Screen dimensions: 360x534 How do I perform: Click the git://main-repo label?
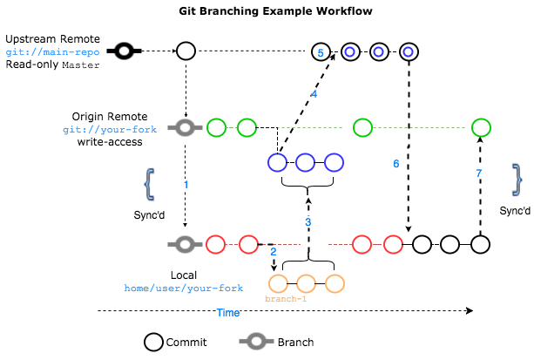click(52, 52)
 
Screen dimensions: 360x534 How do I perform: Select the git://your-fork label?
click(110, 130)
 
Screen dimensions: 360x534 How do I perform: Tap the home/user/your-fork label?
click(183, 288)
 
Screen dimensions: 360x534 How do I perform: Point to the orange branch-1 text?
click(286, 299)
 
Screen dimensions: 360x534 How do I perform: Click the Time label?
click(227, 313)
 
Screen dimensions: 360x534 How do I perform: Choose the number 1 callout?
click(186, 185)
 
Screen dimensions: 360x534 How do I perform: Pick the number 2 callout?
click(274, 252)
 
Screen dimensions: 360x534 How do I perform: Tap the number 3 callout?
click(308, 222)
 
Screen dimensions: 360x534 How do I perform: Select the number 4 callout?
click(314, 93)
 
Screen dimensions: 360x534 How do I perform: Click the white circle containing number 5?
click(321, 52)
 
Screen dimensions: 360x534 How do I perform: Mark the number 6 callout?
click(396, 164)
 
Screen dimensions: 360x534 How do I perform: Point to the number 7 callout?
click(479, 173)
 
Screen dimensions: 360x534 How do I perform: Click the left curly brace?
click(149, 184)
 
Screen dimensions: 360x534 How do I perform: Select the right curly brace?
click(517, 180)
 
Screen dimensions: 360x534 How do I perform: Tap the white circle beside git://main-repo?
click(186, 51)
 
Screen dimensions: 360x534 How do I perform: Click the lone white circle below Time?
click(153, 342)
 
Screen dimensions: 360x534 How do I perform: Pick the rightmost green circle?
click(481, 128)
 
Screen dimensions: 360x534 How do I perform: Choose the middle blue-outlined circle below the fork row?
click(305, 162)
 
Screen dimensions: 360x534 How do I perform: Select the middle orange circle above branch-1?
click(306, 283)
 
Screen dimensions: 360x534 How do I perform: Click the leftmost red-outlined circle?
click(215, 244)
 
